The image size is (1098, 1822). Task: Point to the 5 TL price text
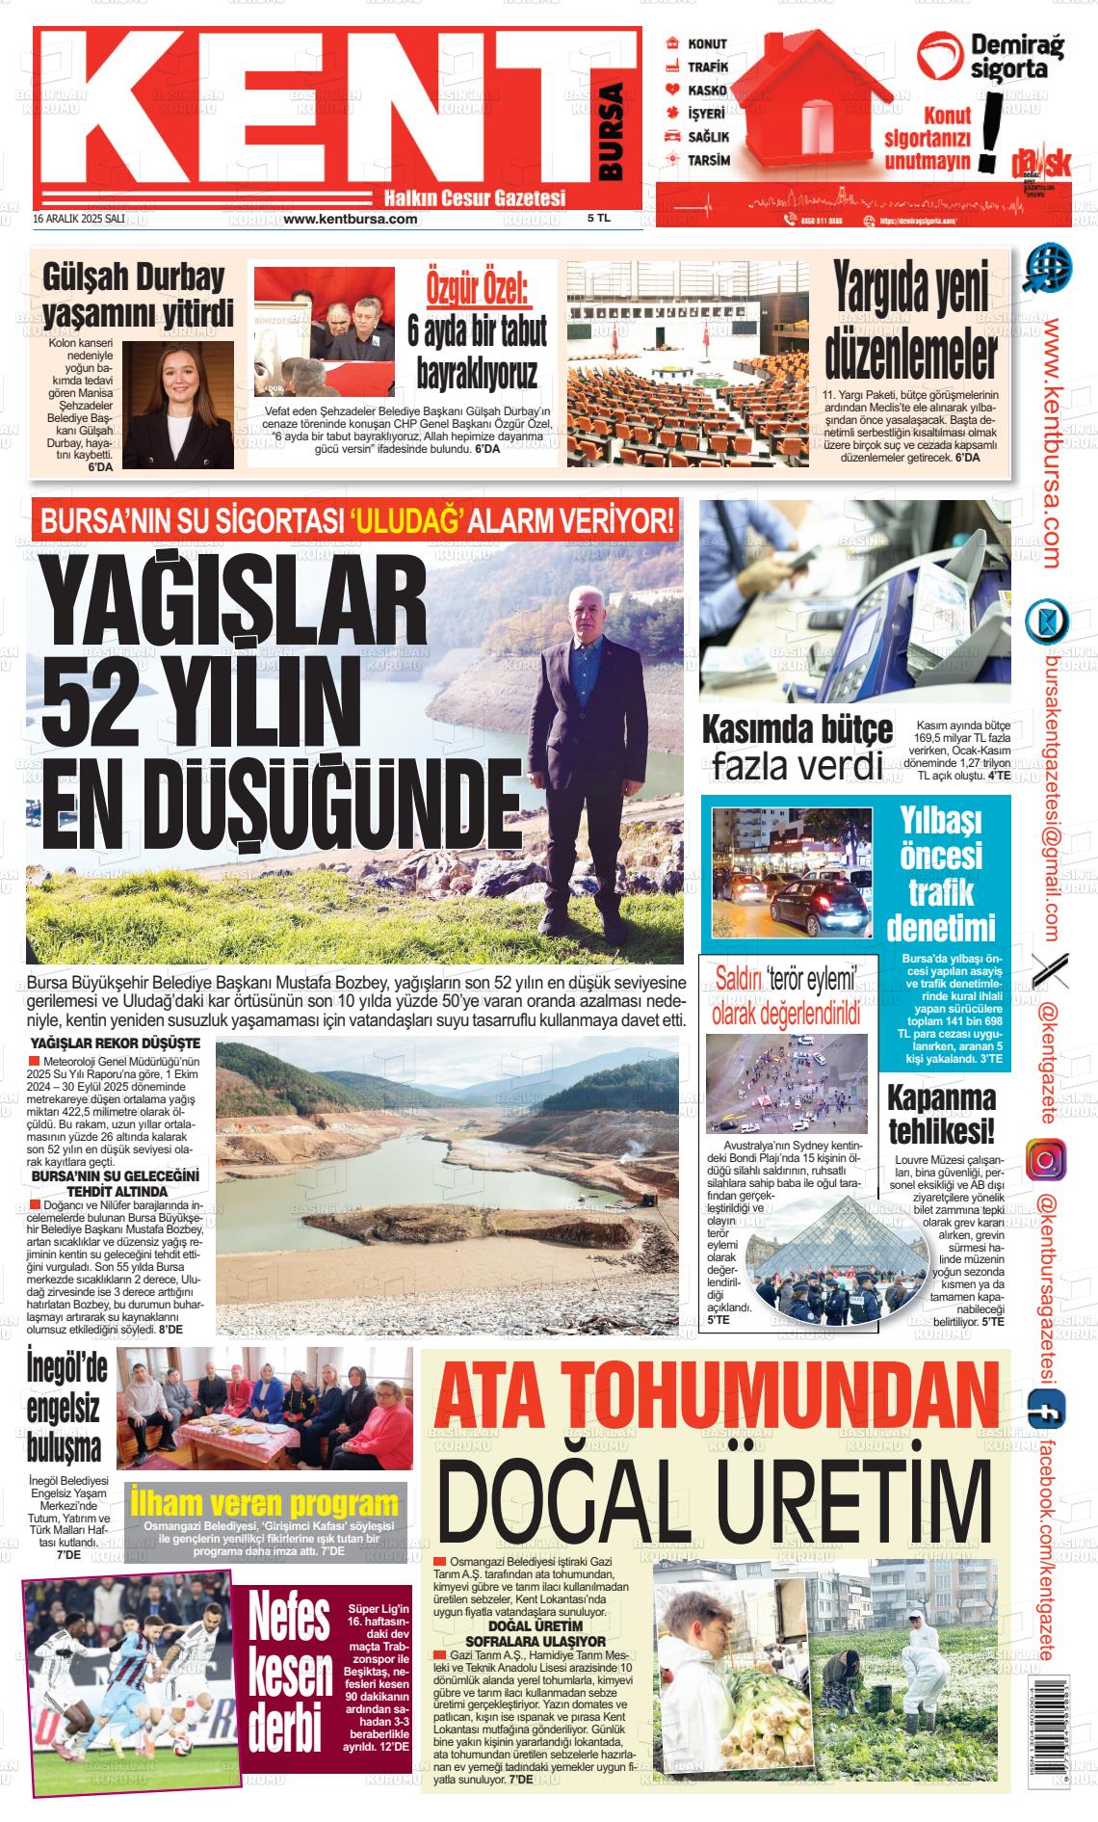(599, 219)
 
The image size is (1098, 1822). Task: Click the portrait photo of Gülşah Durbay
(178, 405)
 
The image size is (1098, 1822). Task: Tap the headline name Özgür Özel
(478, 287)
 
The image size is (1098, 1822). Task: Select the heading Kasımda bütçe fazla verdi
(796, 747)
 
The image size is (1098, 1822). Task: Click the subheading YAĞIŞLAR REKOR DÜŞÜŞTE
(116, 1043)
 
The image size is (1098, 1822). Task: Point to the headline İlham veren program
(264, 1503)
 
